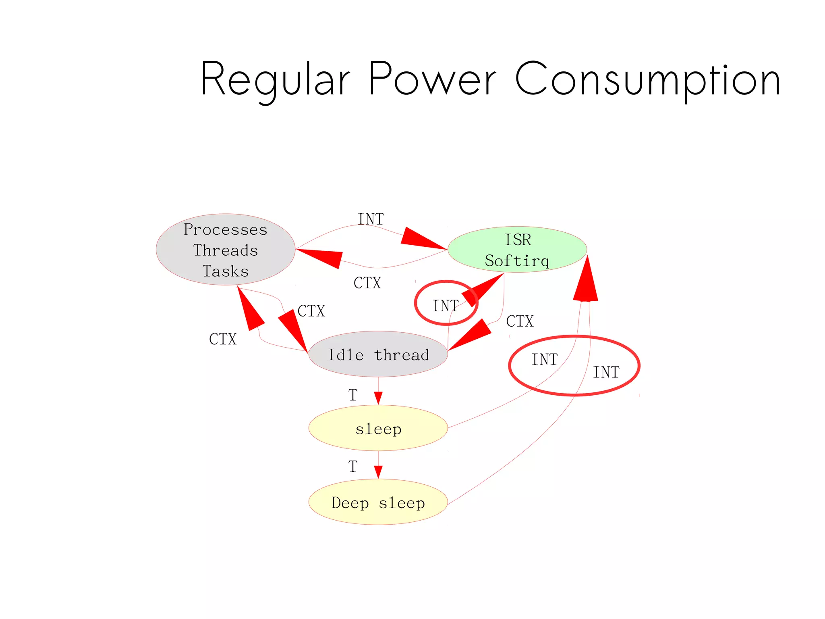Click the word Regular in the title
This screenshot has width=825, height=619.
(x=275, y=79)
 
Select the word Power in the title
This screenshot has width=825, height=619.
(x=432, y=79)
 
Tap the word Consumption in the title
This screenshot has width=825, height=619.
(x=648, y=79)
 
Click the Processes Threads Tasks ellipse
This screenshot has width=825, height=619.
(x=226, y=250)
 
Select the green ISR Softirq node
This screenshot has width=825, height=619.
(x=517, y=250)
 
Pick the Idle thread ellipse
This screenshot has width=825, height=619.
(x=378, y=354)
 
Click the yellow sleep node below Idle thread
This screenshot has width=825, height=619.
(x=378, y=428)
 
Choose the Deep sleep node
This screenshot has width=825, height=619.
(x=378, y=502)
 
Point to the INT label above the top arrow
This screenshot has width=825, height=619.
(x=371, y=219)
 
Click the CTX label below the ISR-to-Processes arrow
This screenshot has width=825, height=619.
(x=367, y=283)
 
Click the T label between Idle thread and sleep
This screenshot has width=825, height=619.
(x=353, y=395)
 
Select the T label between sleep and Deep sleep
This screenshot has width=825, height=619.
(x=353, y=467)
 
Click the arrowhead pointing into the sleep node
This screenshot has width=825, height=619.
(x=378, y=398)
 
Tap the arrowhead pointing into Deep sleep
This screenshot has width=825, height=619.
(x=378, y=472)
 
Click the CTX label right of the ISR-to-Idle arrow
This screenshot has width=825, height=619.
(x=520, y=321)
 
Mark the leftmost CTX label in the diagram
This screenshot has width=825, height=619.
(x=223, y=339)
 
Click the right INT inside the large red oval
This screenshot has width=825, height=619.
(x=606, y=372)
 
